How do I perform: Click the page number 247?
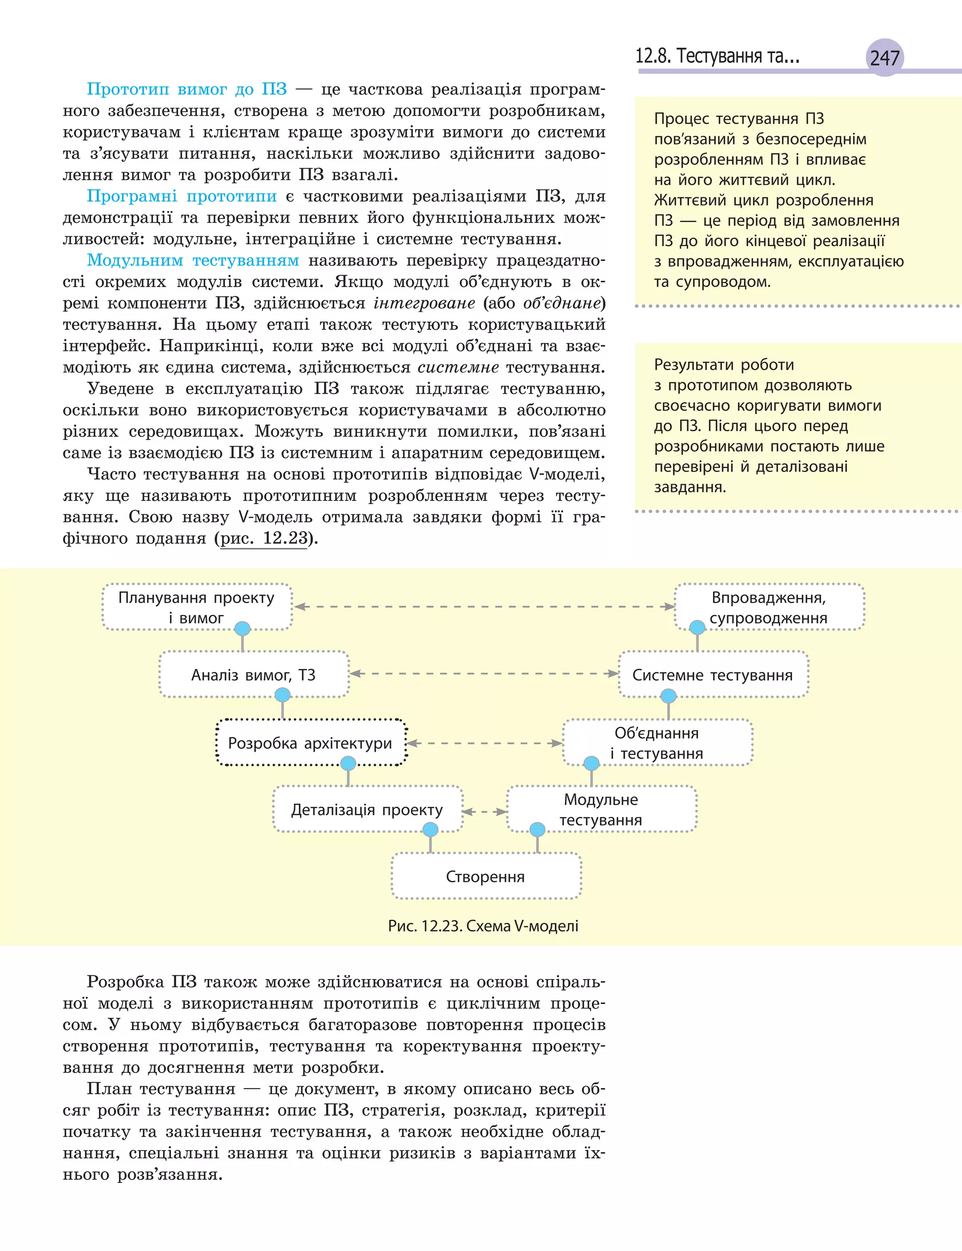pos(884,58)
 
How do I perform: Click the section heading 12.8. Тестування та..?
pos(717,56)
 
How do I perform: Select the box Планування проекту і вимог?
pos(196,607)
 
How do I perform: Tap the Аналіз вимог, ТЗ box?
pos(253,675)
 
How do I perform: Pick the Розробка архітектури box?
pos(310,743)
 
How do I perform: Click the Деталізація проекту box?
pos(366,809)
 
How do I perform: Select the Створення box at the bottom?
pos(485,877)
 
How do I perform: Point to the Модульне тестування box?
pos(601,809)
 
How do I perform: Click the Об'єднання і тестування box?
pos(656,743)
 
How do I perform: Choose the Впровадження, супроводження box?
pos(768,607)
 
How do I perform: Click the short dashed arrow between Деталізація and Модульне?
pos(484,811)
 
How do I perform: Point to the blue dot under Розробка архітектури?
pos(348,762)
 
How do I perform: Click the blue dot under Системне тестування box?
pos(668,696)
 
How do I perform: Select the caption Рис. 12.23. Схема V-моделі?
pos(483,926)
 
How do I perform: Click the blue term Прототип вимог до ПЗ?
pos(186,89)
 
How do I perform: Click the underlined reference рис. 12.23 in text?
pos(264,538)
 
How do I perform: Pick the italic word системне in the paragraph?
pos(458,367)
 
